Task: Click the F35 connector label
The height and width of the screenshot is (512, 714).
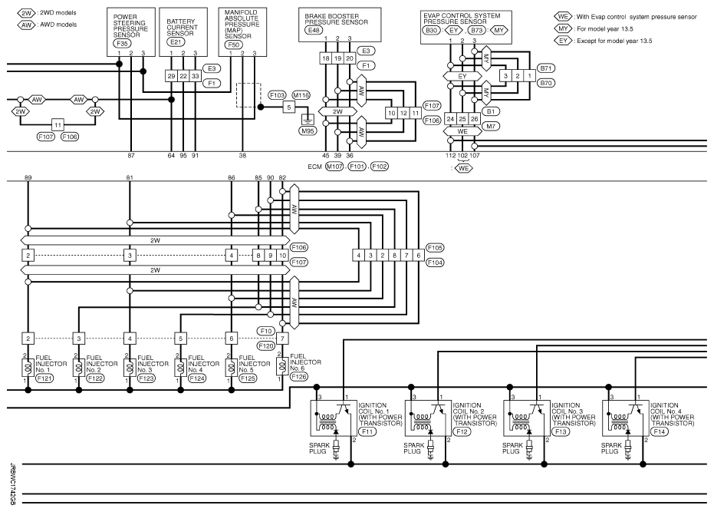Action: click(x=122, y=44)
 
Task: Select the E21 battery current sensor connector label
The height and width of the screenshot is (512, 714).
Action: click(x=176, y=42)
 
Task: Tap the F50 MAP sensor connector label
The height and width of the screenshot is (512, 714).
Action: click(x=233, y=45)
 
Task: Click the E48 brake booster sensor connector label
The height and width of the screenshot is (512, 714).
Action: click(x=313, y=30)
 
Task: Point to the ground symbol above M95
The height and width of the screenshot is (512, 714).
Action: click(x=308, y=120)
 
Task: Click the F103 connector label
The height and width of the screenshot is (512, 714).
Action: click(x=278, y=95)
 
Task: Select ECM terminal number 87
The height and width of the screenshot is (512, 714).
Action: click(x=131, y=156)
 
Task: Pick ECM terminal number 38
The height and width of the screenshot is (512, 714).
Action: click(x=242, y=156)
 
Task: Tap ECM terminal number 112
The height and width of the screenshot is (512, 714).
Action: click(x=450, y=156)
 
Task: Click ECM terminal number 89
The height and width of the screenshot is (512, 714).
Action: click(x=28, y=178)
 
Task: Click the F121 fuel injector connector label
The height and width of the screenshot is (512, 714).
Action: click(x=44, y=378)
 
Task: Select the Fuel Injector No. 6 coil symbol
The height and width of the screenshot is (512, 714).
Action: click(x=283, y=365)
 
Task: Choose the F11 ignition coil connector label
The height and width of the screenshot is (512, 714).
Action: click(x=368, y=431)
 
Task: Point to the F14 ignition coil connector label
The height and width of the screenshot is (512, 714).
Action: click(x=660, y=431)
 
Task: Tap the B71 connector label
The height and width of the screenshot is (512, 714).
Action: click(x=545, y=68)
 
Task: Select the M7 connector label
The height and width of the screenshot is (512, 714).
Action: click(x=490, y=127)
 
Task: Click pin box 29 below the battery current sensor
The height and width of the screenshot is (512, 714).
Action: click(x=171, y=76)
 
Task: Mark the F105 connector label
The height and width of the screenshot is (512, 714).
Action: click(x=435, y=248)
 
